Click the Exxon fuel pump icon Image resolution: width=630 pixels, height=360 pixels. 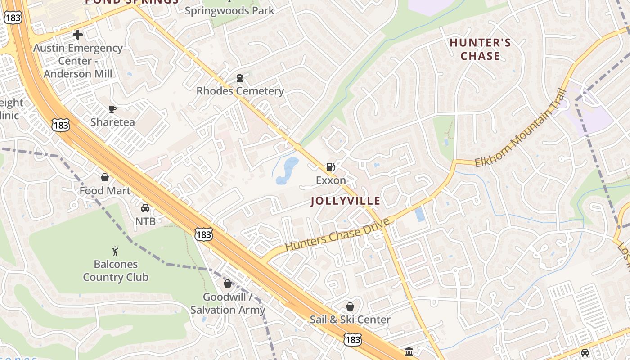330,167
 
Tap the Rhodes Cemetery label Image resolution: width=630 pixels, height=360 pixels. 240,91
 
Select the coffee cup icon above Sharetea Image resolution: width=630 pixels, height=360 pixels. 112,109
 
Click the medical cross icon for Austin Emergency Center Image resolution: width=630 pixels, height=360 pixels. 78,35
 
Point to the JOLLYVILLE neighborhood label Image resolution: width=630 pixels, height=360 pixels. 346,201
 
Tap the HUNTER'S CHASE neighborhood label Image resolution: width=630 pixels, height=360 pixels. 480,49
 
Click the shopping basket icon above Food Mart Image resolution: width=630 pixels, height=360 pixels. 105,177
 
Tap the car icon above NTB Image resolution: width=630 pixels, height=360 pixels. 145,208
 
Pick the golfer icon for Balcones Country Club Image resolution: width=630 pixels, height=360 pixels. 116,251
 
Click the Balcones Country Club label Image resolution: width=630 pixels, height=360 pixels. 116,270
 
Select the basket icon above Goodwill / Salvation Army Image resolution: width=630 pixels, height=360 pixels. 228,283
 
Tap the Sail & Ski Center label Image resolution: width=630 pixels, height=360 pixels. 350,319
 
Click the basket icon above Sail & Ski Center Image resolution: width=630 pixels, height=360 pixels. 350,306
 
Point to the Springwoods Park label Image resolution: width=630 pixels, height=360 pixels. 229,10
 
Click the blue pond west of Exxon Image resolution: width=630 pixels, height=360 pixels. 286,171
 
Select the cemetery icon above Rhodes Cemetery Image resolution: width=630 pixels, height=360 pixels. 240,78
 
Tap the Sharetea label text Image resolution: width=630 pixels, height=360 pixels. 112,122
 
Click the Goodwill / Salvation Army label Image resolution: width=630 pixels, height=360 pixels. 228,303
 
